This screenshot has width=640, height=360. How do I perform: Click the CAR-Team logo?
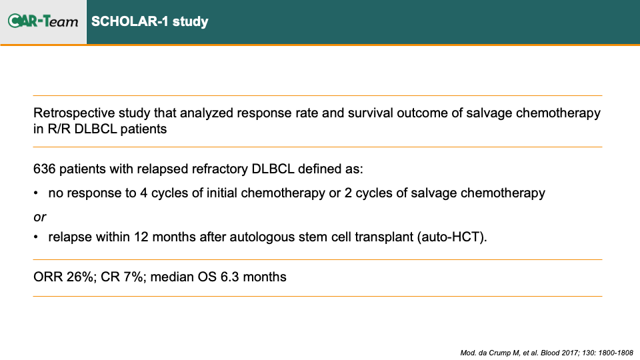click(43, 21)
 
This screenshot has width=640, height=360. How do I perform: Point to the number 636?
click(44, 169)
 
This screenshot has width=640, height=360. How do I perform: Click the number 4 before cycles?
click(144, 193)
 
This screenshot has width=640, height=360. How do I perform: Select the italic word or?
click(39, 217)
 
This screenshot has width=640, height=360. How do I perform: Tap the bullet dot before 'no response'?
click(36, 193)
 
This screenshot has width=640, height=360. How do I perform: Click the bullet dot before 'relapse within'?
click(36, 237)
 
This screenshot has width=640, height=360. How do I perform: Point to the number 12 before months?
click(141, 237)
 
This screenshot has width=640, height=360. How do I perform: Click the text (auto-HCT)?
click(452, 237)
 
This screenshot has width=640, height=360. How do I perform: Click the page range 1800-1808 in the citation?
click(616, 353)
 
